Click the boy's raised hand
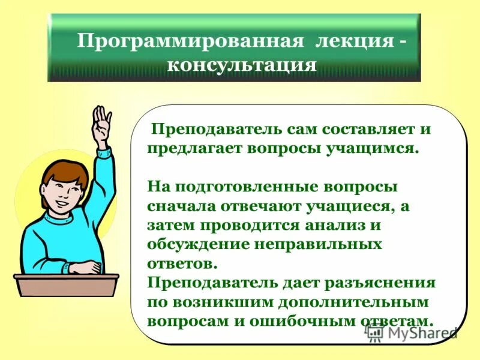102,119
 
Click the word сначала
181,206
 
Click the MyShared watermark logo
414,332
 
